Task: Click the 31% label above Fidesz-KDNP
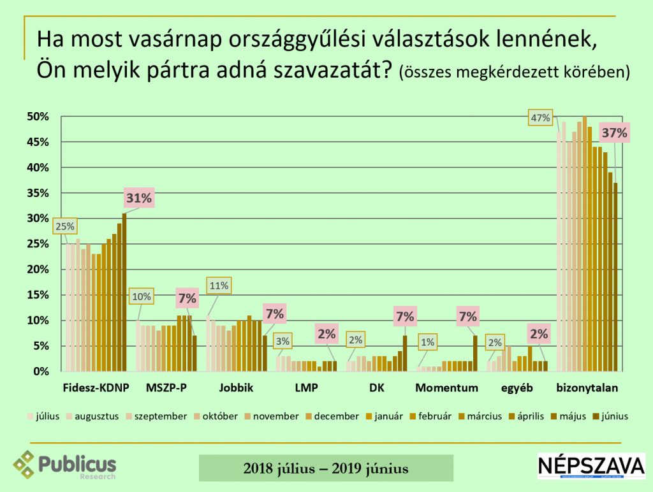tap(138, 198)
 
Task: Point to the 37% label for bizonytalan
tap(615, 133)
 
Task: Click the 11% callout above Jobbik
tap(218, 286)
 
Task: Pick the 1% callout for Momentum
tap(427, 342)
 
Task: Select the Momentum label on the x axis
tap(446, 387)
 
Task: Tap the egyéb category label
tap(516, 387)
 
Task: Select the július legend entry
tap(43, 416)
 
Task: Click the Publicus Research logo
tap(65, 465)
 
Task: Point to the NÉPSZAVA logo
tap(591, 466)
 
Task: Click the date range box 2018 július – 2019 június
tap(326, 468)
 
